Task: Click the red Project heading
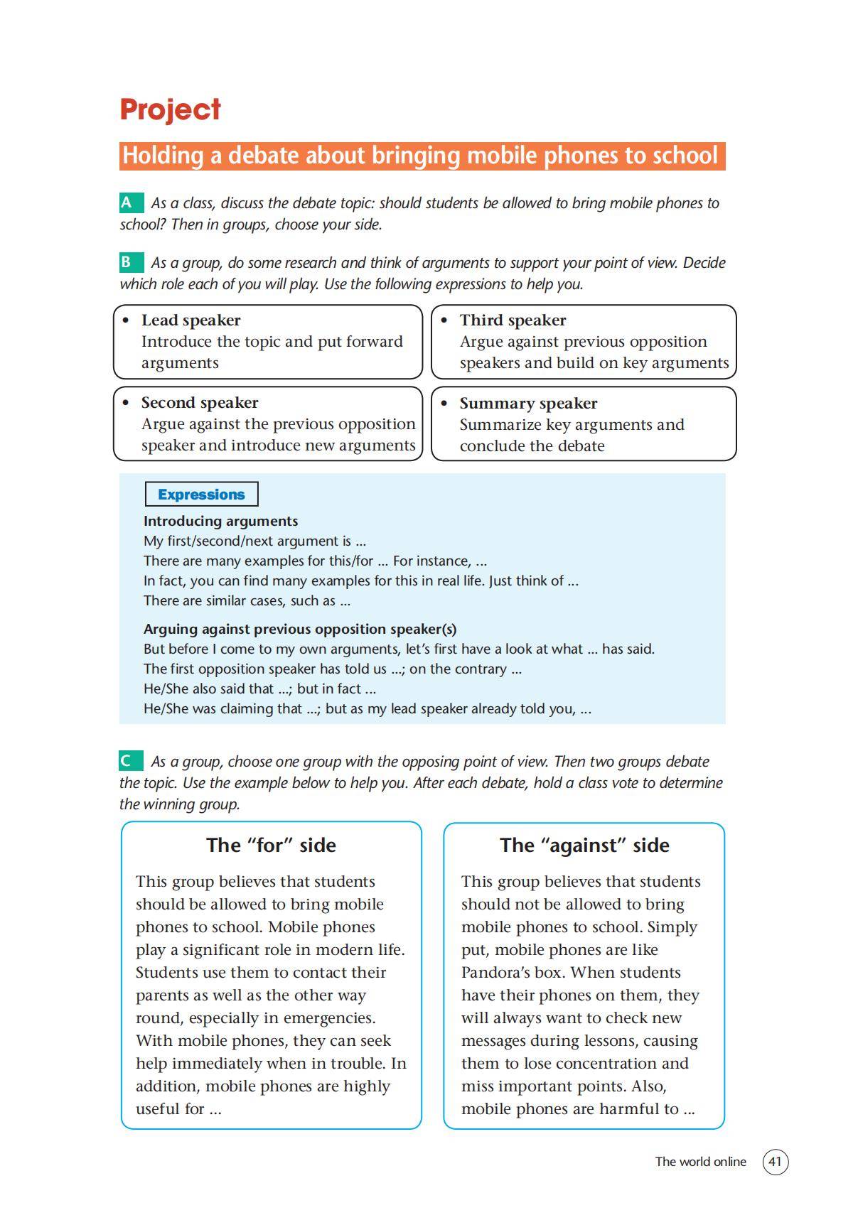[170, 109]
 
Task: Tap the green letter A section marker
[128, 203]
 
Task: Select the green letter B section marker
[128, 263]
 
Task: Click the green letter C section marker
[128, 762]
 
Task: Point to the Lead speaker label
[191, 320]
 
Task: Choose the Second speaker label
[200, 403]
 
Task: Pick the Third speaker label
[513, 320]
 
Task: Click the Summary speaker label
[528, 404]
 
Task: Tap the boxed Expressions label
[201, 495]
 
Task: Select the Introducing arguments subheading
[220, 521]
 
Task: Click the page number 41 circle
[776, 1162]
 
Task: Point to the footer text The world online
[700, 1162]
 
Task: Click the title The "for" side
[271, 846]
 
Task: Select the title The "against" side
[584, 846]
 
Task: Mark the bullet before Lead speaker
[127, 320]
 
